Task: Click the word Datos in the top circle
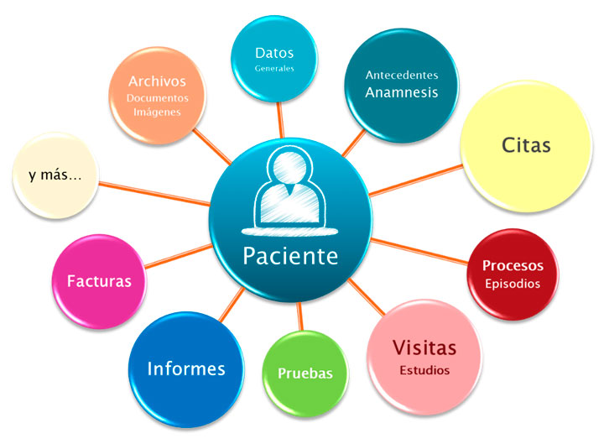coord(274,53)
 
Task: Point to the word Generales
coord(274,69)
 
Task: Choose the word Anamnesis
coord(401,92)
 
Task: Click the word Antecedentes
coord(401,75)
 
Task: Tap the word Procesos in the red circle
coord(512,265)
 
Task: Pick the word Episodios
coord(512,283)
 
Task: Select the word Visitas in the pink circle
coord(424,347)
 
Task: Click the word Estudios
coord(424,369)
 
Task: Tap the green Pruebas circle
coord(305,373)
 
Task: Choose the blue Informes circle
coord(185,368)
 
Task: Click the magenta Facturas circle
coord(99,281)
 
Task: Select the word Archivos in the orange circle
coord(157,81)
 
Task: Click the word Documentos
coord(157,97)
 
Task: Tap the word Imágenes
coord(157,112)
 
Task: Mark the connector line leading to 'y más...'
coord(155,191)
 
